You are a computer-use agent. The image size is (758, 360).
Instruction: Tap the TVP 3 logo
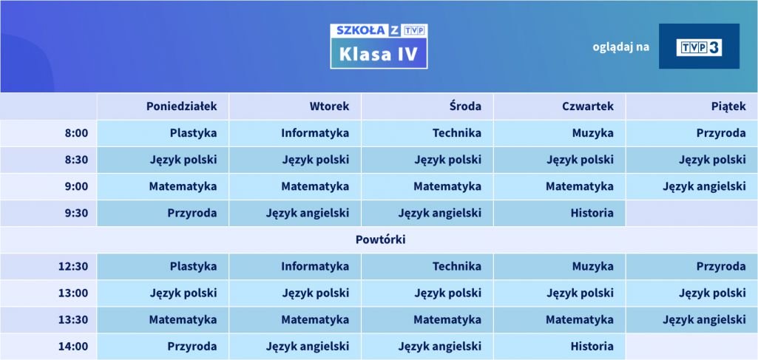point(699,47)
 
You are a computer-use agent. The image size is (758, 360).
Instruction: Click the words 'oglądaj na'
point(620,47)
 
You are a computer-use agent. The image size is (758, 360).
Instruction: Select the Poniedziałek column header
point(182,106)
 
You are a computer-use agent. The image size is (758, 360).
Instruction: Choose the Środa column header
point(465,106)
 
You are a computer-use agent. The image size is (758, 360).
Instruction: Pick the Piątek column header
point(728,106)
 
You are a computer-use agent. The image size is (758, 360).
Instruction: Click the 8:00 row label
point(77,133)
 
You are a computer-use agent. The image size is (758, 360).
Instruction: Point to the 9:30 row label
point(77,213)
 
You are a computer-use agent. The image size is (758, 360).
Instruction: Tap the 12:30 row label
point(73,266)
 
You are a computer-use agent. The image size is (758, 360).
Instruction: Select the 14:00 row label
point(73,347)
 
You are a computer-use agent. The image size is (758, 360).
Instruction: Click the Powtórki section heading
point(380,240)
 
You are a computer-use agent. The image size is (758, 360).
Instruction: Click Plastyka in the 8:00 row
point(193,133)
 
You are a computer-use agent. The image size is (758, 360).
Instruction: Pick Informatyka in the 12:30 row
point(315,266)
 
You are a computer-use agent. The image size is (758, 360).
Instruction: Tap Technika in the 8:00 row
point(457,133)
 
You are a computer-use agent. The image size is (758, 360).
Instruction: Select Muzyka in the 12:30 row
point(592,266)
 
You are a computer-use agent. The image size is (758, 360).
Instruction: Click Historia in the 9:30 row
point(592,213)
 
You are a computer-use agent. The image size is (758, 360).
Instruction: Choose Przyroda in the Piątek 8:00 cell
point(721,133)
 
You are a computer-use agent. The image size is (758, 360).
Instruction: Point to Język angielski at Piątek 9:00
point(704,186)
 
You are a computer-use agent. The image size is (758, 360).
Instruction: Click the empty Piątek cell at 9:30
point(691,213)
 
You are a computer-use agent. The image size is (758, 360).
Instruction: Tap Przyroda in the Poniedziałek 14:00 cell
point(192,347)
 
